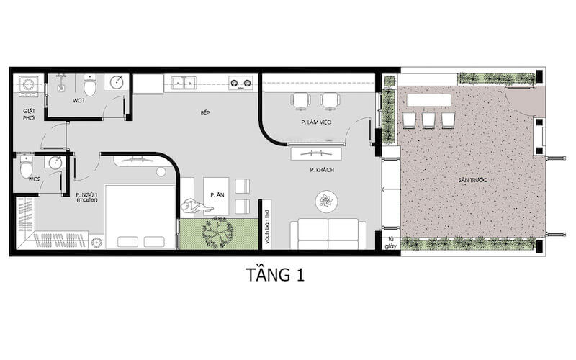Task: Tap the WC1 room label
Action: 78,101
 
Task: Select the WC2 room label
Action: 34,179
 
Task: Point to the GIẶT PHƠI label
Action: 29,114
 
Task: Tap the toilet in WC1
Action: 90,86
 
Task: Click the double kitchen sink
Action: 181,82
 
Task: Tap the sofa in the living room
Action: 328,233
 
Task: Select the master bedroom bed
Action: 140,217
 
